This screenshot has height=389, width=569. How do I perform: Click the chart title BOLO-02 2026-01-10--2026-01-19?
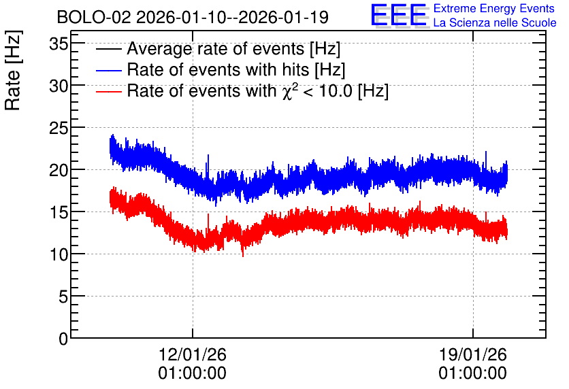[x=193, y=18]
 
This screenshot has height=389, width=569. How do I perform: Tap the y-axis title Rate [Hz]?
[x=13, y=70]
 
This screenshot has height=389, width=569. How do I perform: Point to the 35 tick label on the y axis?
[x=59, y=45]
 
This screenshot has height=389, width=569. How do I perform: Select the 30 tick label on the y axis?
[x=59, y=86]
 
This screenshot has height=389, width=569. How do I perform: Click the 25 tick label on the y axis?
[x=59, y=129]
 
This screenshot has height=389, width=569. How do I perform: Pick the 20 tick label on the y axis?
[x=59, y=171]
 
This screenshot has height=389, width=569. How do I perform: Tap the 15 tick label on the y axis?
[x=59, y=213]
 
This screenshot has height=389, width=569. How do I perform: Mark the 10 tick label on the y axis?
[x=59, y=255]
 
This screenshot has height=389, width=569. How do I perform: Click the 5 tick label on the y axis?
[x=63, y=297]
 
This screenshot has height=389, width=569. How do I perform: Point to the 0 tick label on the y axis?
[x=63, y=339]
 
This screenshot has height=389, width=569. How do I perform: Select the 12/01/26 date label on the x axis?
[x=193, y=354]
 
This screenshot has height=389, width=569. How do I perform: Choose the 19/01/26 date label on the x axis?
[x=473, y=354]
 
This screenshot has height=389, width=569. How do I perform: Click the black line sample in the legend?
[x=109, y=49]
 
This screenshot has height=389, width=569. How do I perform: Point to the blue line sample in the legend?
[x=109, y=70]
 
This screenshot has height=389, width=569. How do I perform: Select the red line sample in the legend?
[x=109, y=91]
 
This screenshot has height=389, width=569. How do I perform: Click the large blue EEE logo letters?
[x=398, y=15]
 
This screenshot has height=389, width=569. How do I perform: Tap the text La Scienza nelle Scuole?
[x=495, y=23]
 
